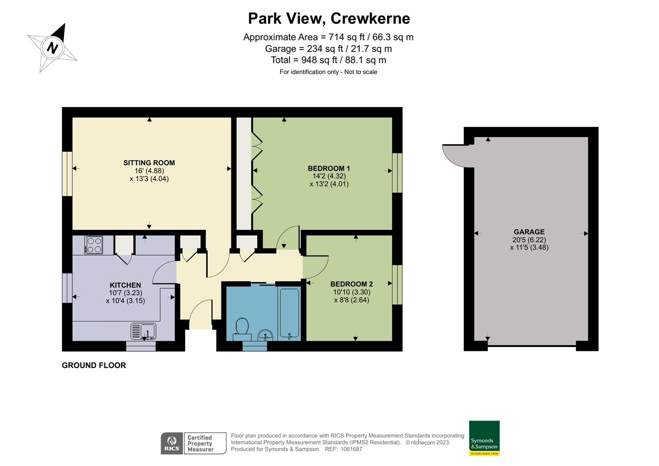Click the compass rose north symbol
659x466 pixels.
(x=52, y=47)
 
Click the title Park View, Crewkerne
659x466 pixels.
(x=329, y=19)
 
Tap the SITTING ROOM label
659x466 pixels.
(x=149, y=163)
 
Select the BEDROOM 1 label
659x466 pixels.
(x=328, y=168)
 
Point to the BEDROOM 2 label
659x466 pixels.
(x=351, y=284)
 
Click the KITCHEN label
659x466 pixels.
(x=125, y=285)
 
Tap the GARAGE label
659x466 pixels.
(x=529, y=232)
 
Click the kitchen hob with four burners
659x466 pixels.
(x=94, y=245)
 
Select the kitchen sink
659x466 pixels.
(x=144, y=331)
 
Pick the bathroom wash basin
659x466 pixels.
(x=264, y=334)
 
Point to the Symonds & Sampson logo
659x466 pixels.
(x=484, y=438)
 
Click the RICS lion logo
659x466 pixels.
(x=172, y=443)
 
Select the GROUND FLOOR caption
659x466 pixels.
(x=94, y=365)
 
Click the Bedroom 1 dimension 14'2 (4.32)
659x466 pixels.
(x=329, y=176)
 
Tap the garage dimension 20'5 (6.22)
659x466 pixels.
(x=529, y=240)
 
